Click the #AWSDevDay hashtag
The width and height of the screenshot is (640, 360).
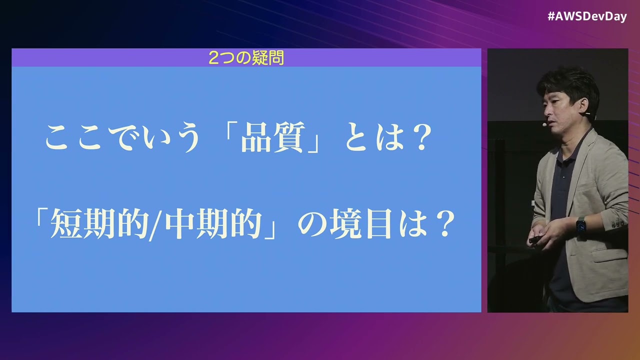coord(586,16)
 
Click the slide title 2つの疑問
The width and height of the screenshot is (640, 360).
coord(246,58)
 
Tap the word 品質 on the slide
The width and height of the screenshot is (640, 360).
coord(272,139)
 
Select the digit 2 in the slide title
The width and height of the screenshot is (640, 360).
coord(213,58)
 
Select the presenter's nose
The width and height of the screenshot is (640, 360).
coord(542,112)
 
